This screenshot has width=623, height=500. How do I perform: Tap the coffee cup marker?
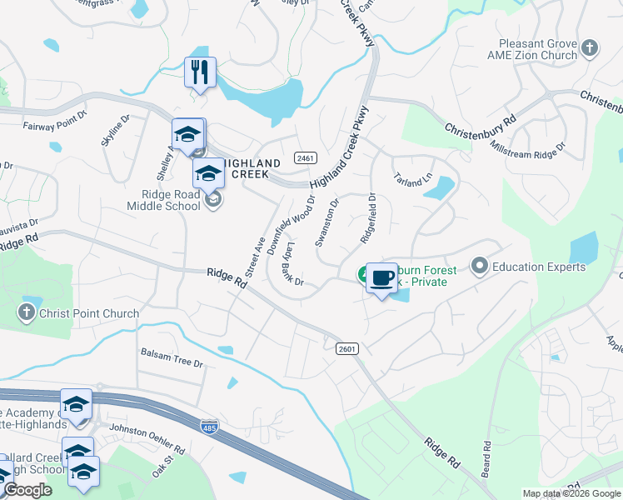point(381,277)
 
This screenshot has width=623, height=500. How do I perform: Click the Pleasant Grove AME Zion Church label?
point(538,49)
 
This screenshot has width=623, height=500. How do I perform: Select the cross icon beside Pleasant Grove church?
point(591,46)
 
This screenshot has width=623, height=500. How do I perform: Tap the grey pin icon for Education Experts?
point(479,267)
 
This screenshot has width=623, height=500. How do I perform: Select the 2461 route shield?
point(306,158)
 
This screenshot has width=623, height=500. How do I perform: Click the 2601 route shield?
point(347,349)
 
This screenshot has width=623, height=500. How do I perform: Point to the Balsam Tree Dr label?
point(172,363)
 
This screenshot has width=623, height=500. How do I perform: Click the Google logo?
point(27,490)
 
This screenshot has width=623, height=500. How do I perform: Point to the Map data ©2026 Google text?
point(571,493)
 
